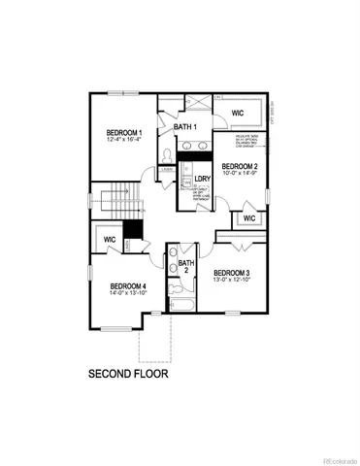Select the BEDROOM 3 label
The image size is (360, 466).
tap(232, 272)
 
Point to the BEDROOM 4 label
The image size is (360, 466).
tap(128, 285)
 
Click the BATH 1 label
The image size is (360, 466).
tap(185, 128)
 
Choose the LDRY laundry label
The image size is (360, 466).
tap(203, 180)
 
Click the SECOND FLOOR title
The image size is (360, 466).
tap(128, 373)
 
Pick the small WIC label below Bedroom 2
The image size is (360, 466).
tap(248, 217)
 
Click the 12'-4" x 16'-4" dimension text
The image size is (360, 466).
tap(125, 141)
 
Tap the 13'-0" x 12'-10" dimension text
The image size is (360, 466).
tap(232, 281)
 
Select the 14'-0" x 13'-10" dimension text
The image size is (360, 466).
tap(128, 294)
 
